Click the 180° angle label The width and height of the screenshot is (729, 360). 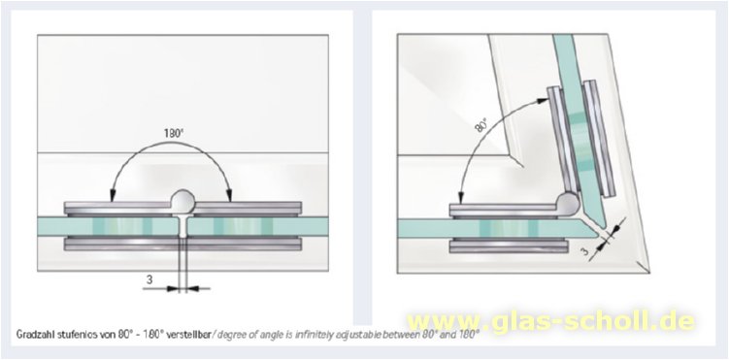tap(174, 133)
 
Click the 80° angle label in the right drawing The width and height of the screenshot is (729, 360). tap(480, 124)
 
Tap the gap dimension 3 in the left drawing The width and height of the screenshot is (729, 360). tap(149, 279)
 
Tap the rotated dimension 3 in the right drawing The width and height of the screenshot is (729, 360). tap(585, 251)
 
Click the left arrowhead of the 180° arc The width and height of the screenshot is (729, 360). tap(112, 195)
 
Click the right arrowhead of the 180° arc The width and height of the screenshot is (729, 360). tap(230, 195)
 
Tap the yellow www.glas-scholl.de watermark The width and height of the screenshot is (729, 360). tap(551, 321)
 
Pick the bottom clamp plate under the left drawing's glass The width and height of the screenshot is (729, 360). tap(182, 244)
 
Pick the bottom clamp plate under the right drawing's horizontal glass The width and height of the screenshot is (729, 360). tap(509, 245)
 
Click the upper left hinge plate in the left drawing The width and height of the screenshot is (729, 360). tap(118, 208)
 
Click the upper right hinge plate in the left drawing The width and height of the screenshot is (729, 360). tap(248, 208)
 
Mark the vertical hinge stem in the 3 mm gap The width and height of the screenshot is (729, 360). tap(182, 226)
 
